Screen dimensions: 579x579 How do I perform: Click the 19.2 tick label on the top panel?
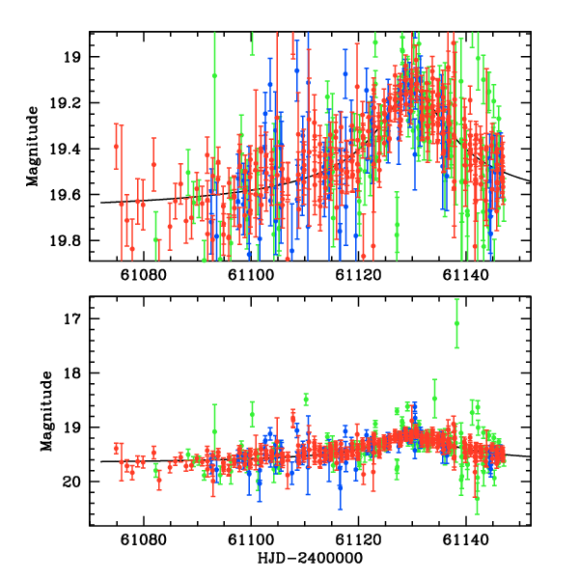click(71, 103)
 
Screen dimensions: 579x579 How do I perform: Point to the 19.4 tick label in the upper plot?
click(71, 149)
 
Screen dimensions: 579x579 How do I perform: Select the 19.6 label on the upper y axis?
click(71, 195)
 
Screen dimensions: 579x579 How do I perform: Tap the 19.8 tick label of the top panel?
click(71, 240)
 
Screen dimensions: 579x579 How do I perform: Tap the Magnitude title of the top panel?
click(32, 147)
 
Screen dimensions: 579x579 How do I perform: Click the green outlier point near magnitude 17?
click(456, 323)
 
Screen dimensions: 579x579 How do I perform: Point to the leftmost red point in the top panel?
click(116, 147)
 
